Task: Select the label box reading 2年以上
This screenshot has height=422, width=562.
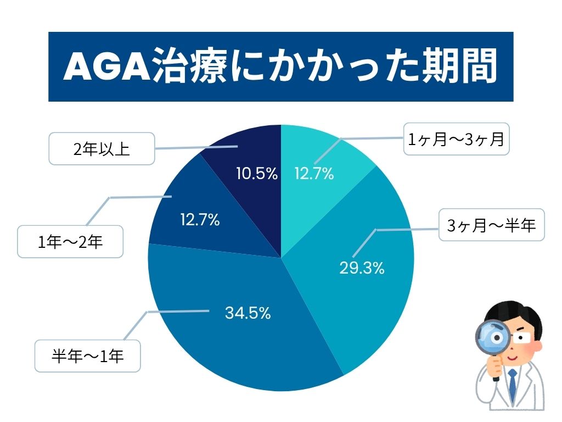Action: [101, 149]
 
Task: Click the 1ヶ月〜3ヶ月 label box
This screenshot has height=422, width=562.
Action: [456, 140]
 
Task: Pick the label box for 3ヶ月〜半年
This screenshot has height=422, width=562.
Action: [491, 225]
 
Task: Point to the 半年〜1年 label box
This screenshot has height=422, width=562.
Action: [88, 356]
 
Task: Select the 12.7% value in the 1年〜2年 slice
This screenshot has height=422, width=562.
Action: [200, 220]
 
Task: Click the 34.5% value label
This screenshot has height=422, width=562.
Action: [248, 313]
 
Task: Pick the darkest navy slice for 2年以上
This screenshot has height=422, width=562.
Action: [247, 148]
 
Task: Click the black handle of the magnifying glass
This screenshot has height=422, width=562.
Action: [496, 371]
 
